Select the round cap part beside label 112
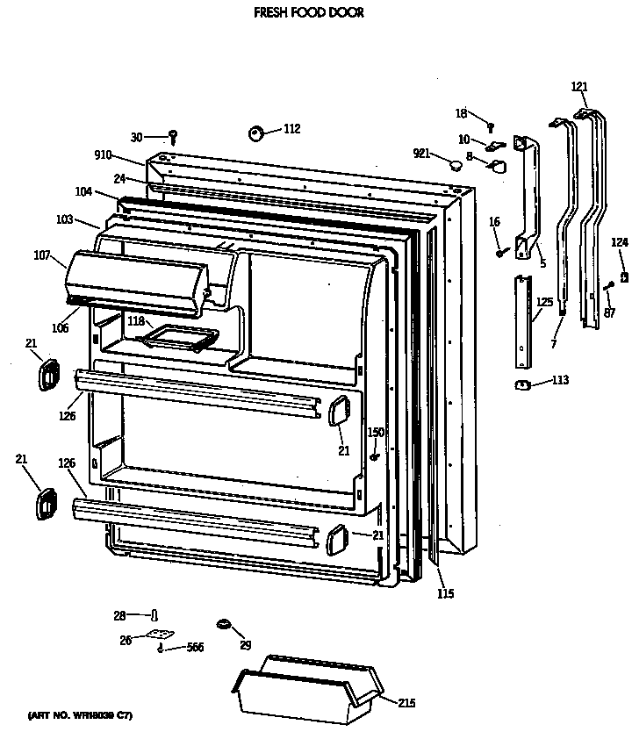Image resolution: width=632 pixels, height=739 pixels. (257, 133)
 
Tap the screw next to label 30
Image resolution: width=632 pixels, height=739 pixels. (174, 136)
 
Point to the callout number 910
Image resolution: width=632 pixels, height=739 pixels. (103, 155)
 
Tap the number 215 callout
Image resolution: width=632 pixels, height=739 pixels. (405, 703)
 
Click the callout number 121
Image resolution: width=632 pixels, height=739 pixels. (578, 86)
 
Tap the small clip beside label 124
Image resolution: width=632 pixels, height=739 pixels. (623, 277)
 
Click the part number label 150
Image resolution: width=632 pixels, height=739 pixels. (375, 432)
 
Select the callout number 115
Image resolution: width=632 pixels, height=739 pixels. (446, 593)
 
